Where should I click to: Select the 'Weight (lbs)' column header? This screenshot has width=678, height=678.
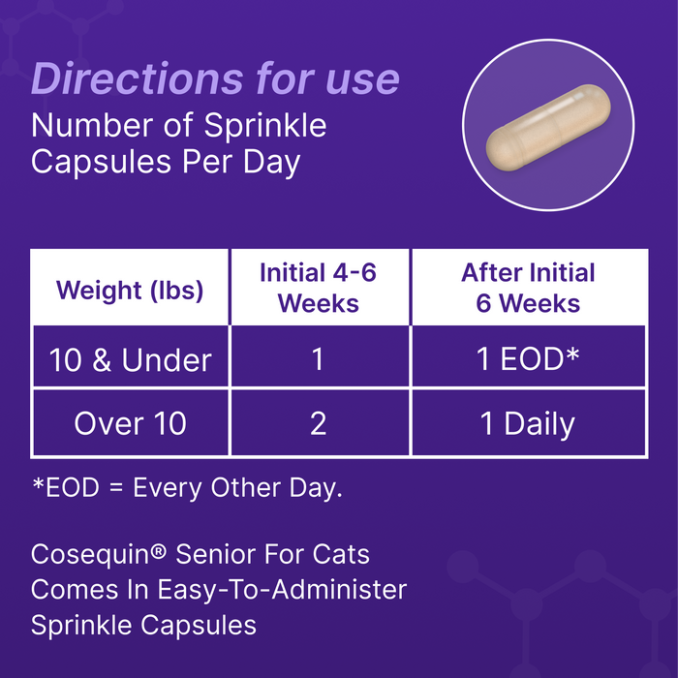pyautogui.click(x=130, y=290)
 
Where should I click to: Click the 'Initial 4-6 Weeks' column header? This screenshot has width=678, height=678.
pyautogui.click(x=318, y=288)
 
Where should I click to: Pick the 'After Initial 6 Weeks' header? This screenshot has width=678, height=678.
pyautogui.click(x=528, y=288)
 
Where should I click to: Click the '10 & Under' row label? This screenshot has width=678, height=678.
pyautogui.click(x=130, y=360)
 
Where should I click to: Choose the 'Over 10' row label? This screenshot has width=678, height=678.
pyautogui.click(x=130, y=423)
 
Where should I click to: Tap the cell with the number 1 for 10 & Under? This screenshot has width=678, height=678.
pyautogui.click(x=318, y=360)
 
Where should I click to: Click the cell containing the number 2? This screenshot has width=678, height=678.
pyautogui.click(x=318, y=423)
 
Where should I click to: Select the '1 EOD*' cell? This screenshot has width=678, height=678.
pyautogui.click(x=528, y=360)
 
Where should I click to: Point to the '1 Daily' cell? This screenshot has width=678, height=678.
pyautogui.click(x=528, y=423)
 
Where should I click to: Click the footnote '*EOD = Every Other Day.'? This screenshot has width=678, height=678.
pyautogui.click(x=187, y=488)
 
